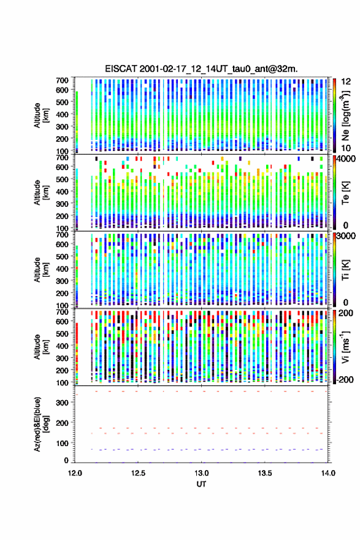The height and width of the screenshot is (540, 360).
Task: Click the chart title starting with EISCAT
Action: click(x=201, y=69)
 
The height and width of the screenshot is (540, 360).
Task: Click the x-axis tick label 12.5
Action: click(x=138, y=473)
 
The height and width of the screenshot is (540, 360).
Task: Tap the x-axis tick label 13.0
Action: click(x=201, y=473)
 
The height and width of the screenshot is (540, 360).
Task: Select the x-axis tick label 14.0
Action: click(x=328, y=473)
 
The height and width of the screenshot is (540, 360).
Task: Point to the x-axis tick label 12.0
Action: click(x=75, y=473)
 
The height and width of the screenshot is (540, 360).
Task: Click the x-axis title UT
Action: click(x=201, y=484)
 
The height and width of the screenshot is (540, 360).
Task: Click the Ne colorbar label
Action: click(x=345, y=115)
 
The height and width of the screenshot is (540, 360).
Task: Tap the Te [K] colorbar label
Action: click(x=345, y=193)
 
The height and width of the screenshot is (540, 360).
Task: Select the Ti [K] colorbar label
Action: click(x=345, y=270)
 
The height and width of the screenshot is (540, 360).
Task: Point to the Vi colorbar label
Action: click(x=345, y=347)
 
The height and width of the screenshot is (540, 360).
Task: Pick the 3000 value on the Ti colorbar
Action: click(x=347, y=236)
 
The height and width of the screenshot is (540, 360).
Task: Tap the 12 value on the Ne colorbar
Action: click(x=347, y=82)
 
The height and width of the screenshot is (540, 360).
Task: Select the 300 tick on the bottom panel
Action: click(x=62, y=403)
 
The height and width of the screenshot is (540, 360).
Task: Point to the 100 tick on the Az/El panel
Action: click(x=62, y=443)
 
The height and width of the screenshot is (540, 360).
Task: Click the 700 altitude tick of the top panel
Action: click(x=62, y=80)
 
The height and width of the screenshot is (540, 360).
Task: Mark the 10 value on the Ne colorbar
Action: click(x=347, y=148)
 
